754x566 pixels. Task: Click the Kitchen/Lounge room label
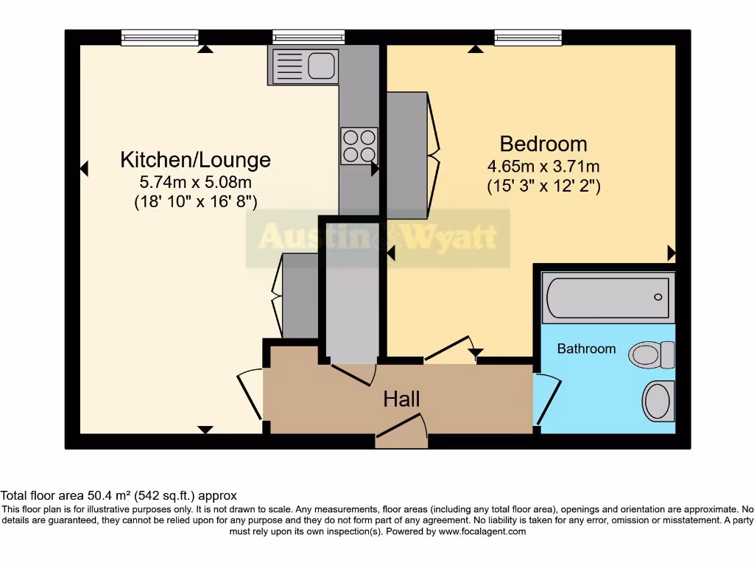(x=195, y=159)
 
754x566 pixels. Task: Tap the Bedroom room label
(x=543, y=143)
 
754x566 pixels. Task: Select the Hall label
(x=401, y=399)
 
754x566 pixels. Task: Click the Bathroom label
(x=586, y=349)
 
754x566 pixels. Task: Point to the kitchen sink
(x=305, y=65)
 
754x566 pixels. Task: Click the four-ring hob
(x=359, y=145)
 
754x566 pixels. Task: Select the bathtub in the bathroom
(x=607, y=297)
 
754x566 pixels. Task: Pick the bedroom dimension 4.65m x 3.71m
(x=543, y=167)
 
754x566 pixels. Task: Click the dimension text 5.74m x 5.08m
(x=195, y=182)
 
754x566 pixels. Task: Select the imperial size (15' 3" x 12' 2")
(x=543, y=186)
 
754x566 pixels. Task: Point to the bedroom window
(x=528, y=37)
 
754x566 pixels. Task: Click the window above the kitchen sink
(x=309, y=37)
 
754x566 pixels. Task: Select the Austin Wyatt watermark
(x=377, y=238)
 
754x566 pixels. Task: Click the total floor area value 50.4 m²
(x=109, y=496)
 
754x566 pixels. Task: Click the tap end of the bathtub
(x=658, y=297)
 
